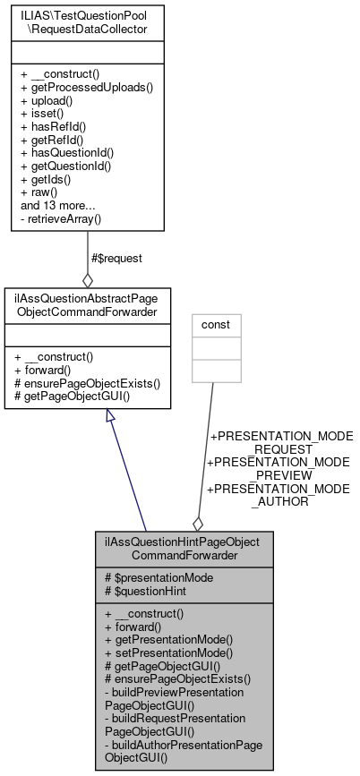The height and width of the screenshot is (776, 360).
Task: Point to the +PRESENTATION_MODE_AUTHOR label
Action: click(x=279, y=496)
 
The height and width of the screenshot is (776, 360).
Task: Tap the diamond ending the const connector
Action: click(x=197, y=521)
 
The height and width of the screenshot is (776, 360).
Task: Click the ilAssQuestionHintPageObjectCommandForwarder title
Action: click(x=182, y=548)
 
